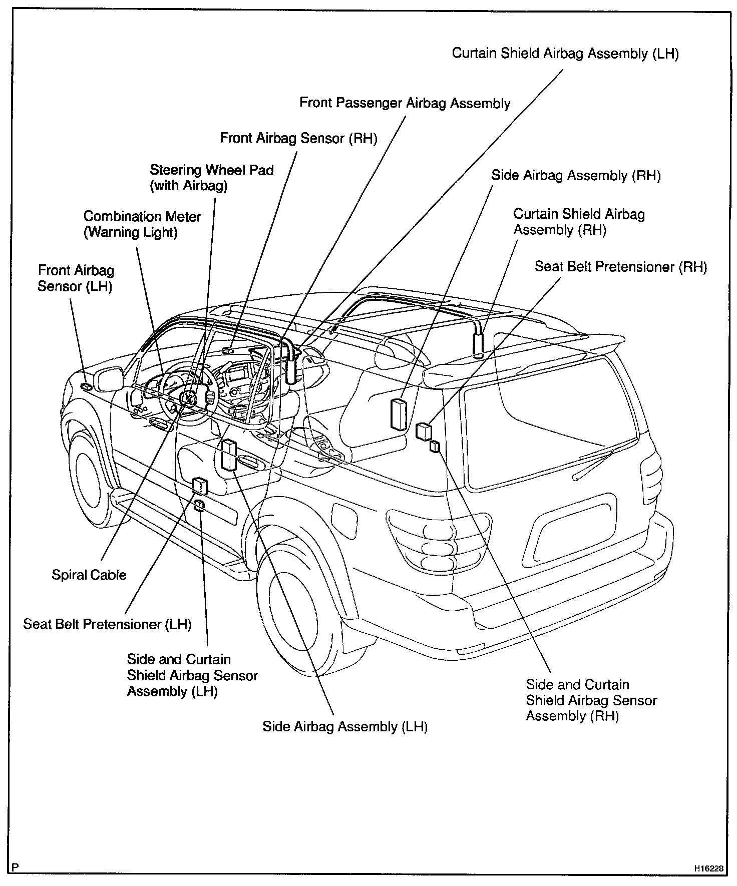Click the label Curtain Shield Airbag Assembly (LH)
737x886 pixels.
coord(565,54)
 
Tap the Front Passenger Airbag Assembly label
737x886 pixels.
coord(405,103)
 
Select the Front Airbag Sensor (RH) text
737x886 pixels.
coord(298,138)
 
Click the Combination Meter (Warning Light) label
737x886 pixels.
coord(142,224)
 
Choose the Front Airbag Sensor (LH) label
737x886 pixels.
coord(76,278)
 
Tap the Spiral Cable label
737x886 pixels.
coord(89,575)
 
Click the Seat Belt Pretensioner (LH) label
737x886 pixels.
coord(107,624)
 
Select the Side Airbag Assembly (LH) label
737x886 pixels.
coord(344,726)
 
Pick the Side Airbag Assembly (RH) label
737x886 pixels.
coord(575,175)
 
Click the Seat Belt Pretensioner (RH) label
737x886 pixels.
coord(620,266)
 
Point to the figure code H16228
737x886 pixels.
coord(708,868)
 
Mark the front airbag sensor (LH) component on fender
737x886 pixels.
coord(86,387)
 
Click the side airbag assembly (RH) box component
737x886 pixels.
coord(399,414)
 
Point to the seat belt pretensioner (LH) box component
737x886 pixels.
coord(200,485)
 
